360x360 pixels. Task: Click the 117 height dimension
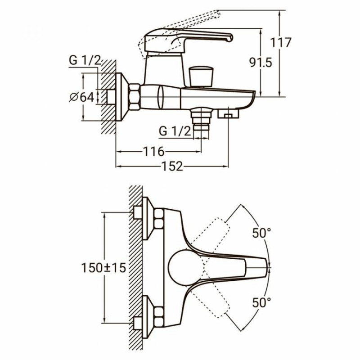[x=280, y=42]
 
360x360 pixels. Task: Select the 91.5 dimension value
[x=261, y=62]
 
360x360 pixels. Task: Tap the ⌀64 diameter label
[x=81, y=97]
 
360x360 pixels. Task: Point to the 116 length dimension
[x=154, y=152]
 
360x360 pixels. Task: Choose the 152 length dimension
[x=172, y=166]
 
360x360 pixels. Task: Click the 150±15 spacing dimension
[x=104, y=267]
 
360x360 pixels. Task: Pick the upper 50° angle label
[x=261, y=233]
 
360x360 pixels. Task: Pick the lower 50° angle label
[x=261, y=302]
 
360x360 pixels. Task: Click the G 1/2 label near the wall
[x=85, y=61]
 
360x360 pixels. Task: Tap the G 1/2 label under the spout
[x=175, y=131]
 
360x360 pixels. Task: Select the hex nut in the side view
[x=135, y=97]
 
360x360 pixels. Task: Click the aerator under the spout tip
[x=229, y=114]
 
